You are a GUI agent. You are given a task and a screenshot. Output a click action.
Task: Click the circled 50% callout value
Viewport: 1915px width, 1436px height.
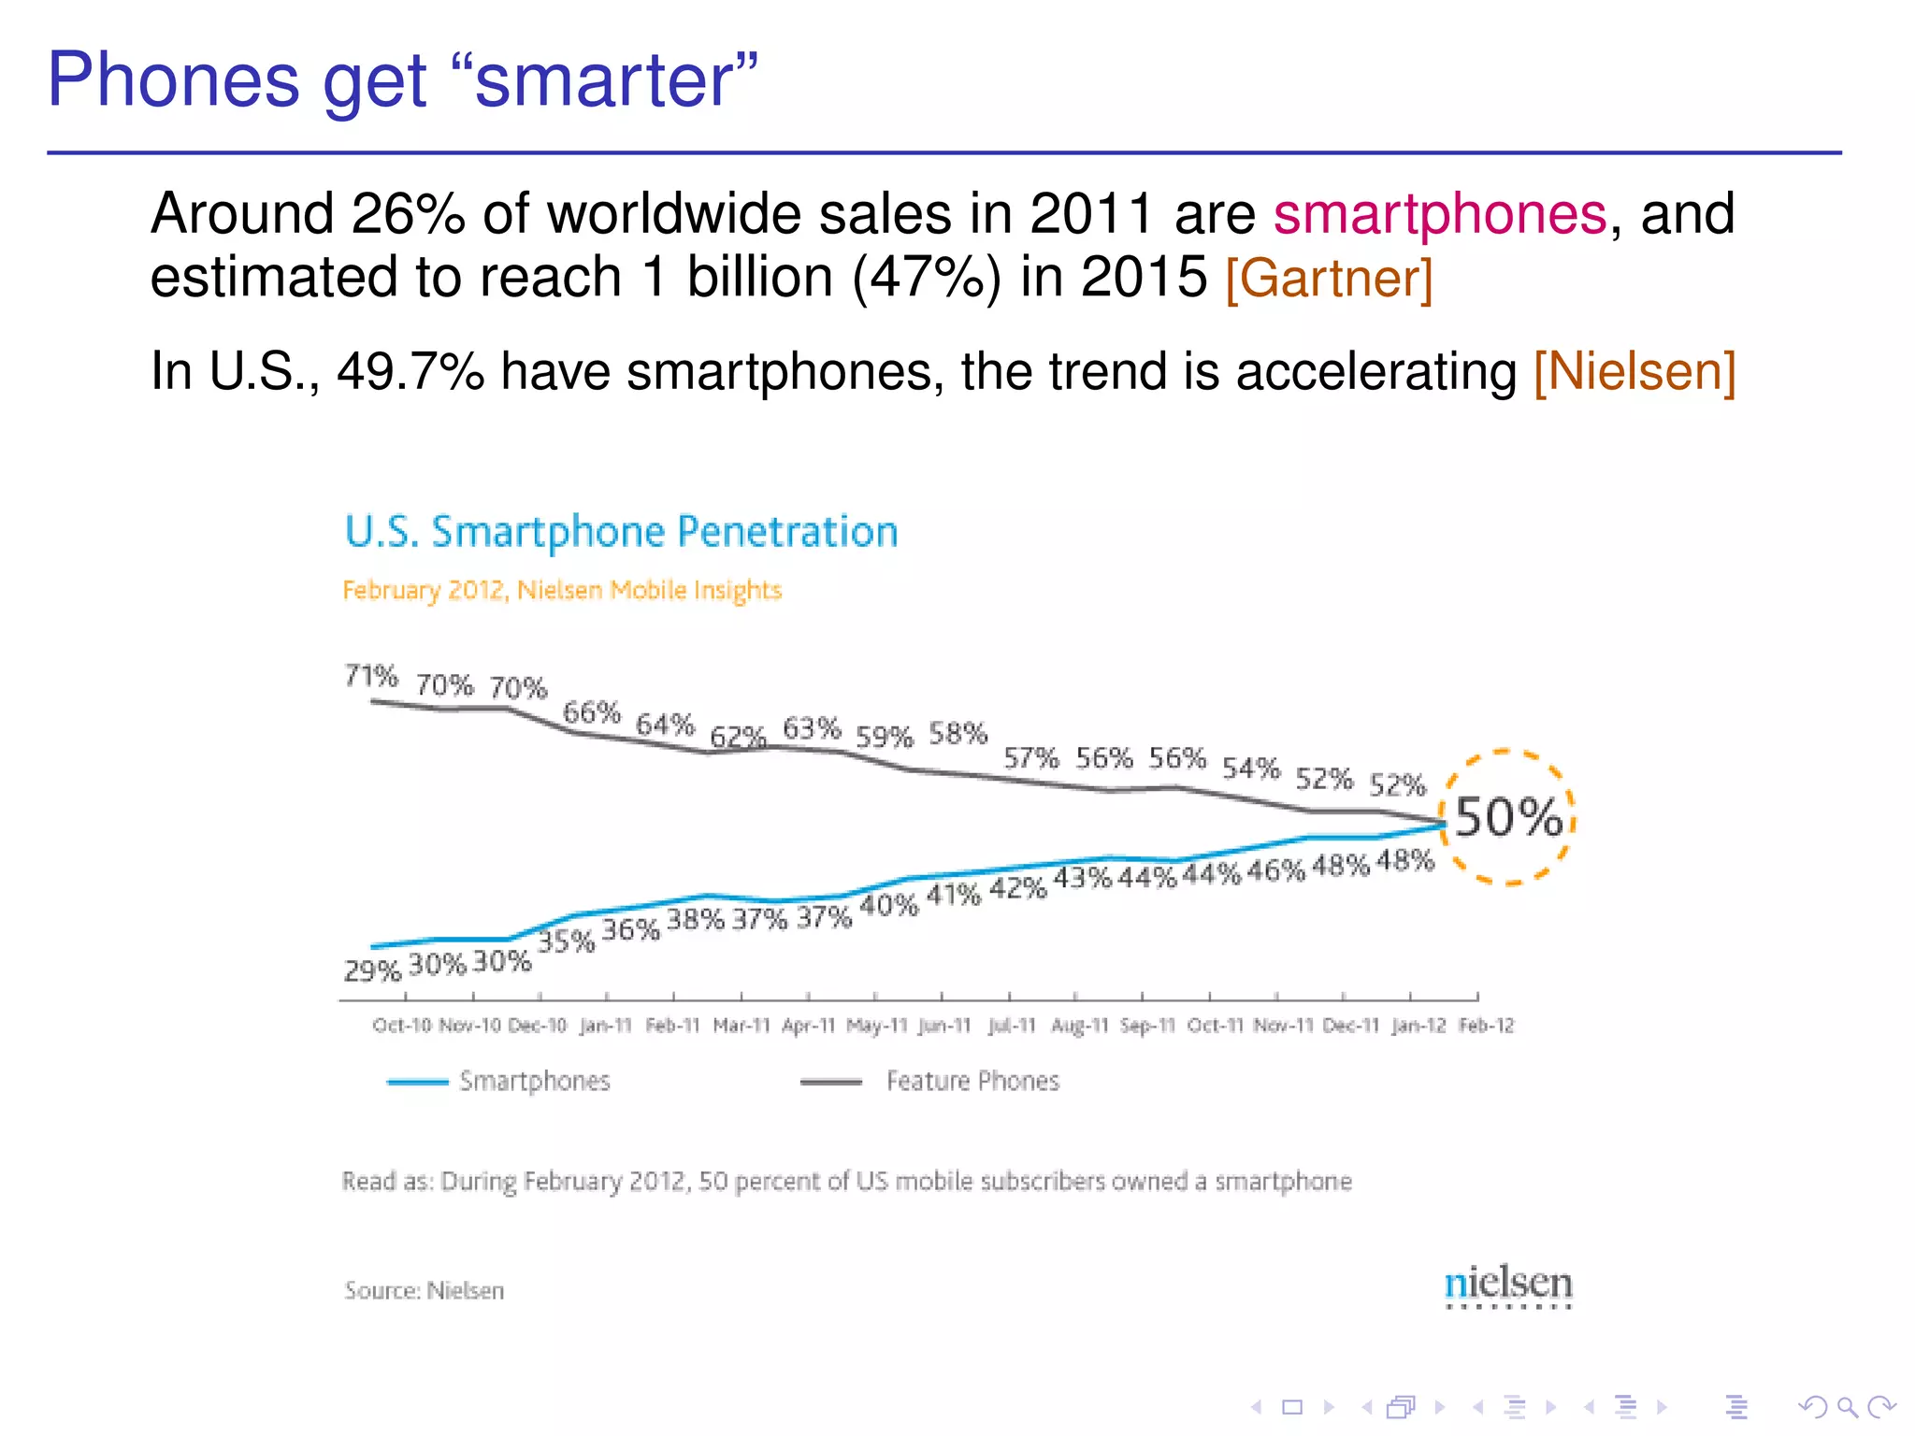click(1508, 817)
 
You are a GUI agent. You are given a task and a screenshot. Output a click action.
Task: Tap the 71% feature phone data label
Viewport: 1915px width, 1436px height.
click(371, 675)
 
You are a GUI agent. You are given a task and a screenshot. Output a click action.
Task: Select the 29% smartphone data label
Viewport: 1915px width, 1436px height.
click(372, 970)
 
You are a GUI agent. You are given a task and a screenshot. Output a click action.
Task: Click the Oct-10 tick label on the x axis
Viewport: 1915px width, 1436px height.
click(402, 1026)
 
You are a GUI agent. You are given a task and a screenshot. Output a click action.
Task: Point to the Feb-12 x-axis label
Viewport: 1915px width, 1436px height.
click(1486, 1026)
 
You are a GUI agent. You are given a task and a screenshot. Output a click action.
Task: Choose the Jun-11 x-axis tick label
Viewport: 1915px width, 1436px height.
click(944, 1026)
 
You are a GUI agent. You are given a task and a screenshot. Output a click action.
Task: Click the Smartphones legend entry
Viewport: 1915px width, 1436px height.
click(534, 1082)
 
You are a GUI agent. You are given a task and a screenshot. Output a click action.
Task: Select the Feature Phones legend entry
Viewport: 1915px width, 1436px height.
click(972, 1082)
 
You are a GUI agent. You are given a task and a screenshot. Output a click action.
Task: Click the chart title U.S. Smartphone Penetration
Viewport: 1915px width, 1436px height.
click(621, 532)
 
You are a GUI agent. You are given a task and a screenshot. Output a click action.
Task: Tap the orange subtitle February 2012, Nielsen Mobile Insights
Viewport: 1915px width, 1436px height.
click(562, 590)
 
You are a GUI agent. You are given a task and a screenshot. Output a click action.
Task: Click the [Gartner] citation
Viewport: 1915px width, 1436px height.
click(1329, 278)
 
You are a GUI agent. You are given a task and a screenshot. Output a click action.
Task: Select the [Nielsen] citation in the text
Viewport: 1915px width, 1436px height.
click(1634, 371)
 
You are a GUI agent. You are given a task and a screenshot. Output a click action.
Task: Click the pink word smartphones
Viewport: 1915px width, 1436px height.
click(1439, 213)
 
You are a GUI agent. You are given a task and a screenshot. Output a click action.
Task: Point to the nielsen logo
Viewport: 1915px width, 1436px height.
click(1507, 1285)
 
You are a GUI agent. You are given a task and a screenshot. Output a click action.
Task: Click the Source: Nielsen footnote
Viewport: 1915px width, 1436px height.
click(424, 1290)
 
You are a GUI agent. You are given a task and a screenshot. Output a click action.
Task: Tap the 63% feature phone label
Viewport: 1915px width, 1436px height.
click(812, 727)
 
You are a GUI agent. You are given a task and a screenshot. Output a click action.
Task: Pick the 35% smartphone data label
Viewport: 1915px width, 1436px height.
click(567, 941)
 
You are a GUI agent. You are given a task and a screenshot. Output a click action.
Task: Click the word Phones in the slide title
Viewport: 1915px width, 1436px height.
click(174, 80)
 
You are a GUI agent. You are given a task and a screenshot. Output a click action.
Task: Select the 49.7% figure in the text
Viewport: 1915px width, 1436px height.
click(410, 371)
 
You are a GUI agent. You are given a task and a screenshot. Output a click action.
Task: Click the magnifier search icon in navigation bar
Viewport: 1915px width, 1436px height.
click(1847, 1406)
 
